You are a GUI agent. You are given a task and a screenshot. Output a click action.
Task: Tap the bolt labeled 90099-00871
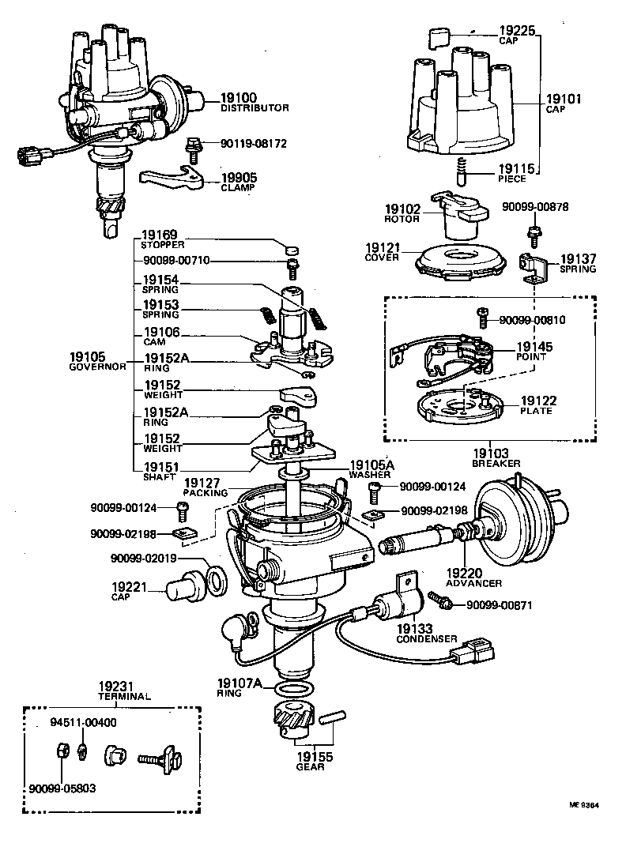(439, 603)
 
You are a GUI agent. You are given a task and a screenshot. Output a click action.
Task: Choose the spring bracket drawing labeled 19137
(534, 268)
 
